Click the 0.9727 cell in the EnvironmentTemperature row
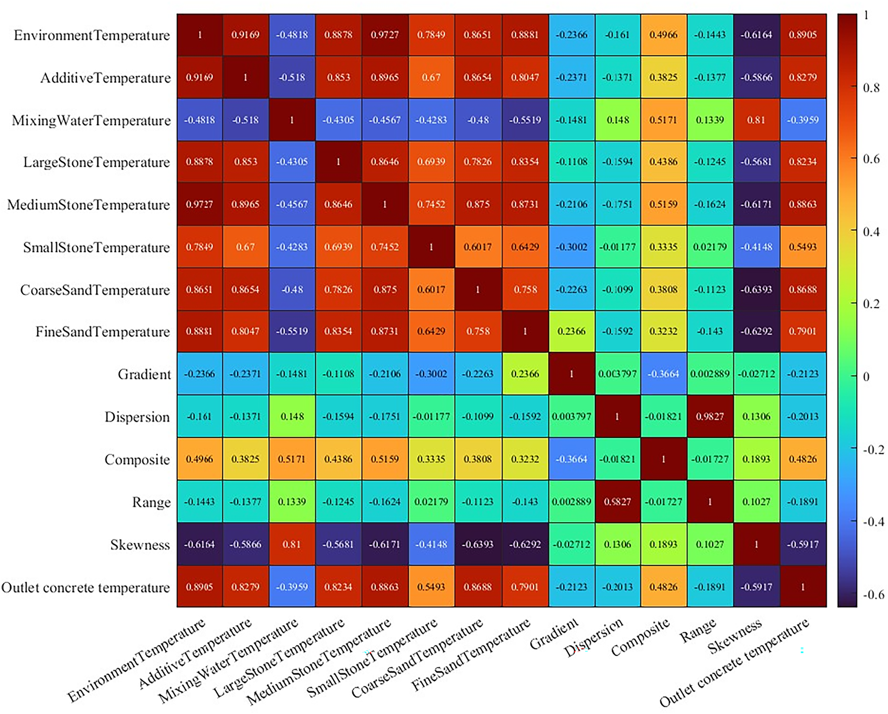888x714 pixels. pos(385,35)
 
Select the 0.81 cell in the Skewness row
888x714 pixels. pos(292,544)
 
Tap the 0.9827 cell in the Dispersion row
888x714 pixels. pos(709,416)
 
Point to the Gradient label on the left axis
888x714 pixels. pos(144,374)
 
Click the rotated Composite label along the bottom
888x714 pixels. pos(640,637)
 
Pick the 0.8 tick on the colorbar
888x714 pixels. pos(871,88)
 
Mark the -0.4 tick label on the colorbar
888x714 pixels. pos(873,522)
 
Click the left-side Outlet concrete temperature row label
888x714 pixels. pos(86,587)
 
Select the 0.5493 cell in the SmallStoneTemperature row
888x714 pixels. pos(803,247)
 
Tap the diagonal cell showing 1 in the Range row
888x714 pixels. pos(709,502)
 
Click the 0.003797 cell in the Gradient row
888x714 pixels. pos(617,374)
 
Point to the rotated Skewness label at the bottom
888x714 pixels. pos(735,636)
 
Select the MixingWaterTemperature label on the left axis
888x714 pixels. pos(91,121)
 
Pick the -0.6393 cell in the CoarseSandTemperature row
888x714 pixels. pos(756,289)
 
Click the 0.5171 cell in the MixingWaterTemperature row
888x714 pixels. pos(663,120)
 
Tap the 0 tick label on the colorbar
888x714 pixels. pos(866,377)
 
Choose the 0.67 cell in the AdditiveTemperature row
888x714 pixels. pos(431,77)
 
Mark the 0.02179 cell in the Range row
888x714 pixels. pos(431,502)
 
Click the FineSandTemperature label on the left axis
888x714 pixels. pos(103,332)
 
